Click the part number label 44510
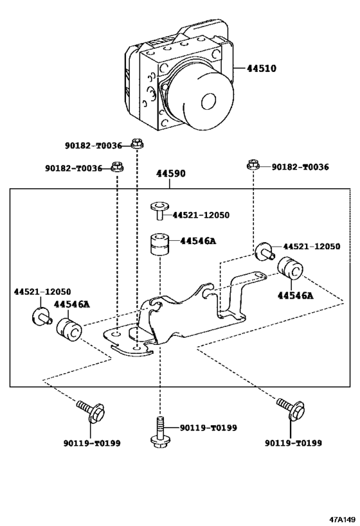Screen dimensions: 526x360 click(264, 67)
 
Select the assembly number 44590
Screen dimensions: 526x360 click(170, 174)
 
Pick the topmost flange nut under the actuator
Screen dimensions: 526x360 click(136, 143)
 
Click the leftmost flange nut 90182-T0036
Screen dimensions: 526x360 click(116, 167)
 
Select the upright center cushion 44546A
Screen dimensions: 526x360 click(159, 245)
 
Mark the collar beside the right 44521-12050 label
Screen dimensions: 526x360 click(264, 250)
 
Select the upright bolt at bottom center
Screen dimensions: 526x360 click(159, 430)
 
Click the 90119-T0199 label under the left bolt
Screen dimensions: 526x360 click(92, 443)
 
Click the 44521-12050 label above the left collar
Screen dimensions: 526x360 click(42, 291)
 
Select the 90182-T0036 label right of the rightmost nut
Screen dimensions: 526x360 click(300, 167)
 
